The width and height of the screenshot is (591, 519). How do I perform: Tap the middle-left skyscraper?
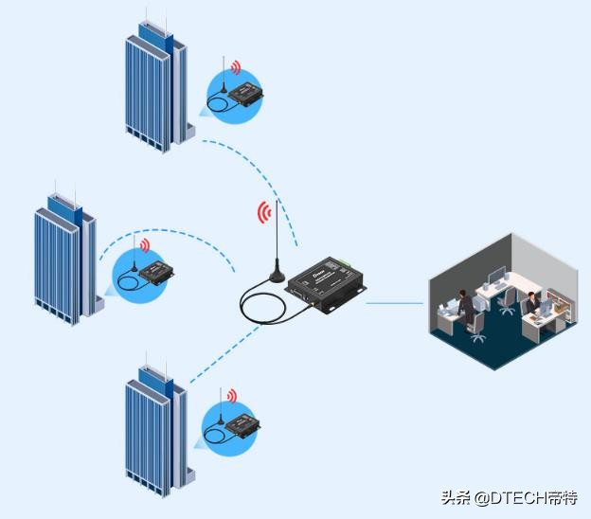[x=66, y=256]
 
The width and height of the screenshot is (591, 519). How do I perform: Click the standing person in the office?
[x=465, y=307]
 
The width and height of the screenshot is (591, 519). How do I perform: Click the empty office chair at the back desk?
[x=509, y=301]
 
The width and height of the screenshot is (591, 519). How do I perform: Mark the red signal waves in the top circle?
[x=235, y=69]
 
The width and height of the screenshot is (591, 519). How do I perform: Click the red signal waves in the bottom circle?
[x=230, y=395]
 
